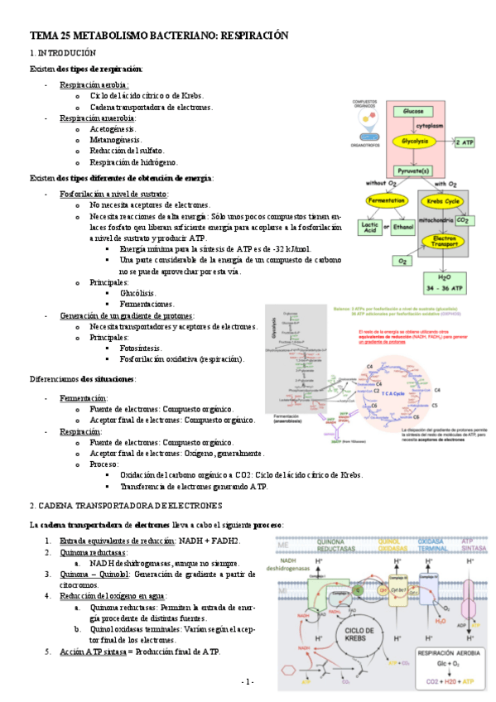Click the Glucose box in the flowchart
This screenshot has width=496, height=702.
[414, 111]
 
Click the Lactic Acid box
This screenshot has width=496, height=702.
[369, 226]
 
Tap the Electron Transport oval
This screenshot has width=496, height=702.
[445, 241]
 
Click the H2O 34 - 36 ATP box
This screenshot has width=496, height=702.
[445, 283]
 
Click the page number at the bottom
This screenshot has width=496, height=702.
[248, 680]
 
